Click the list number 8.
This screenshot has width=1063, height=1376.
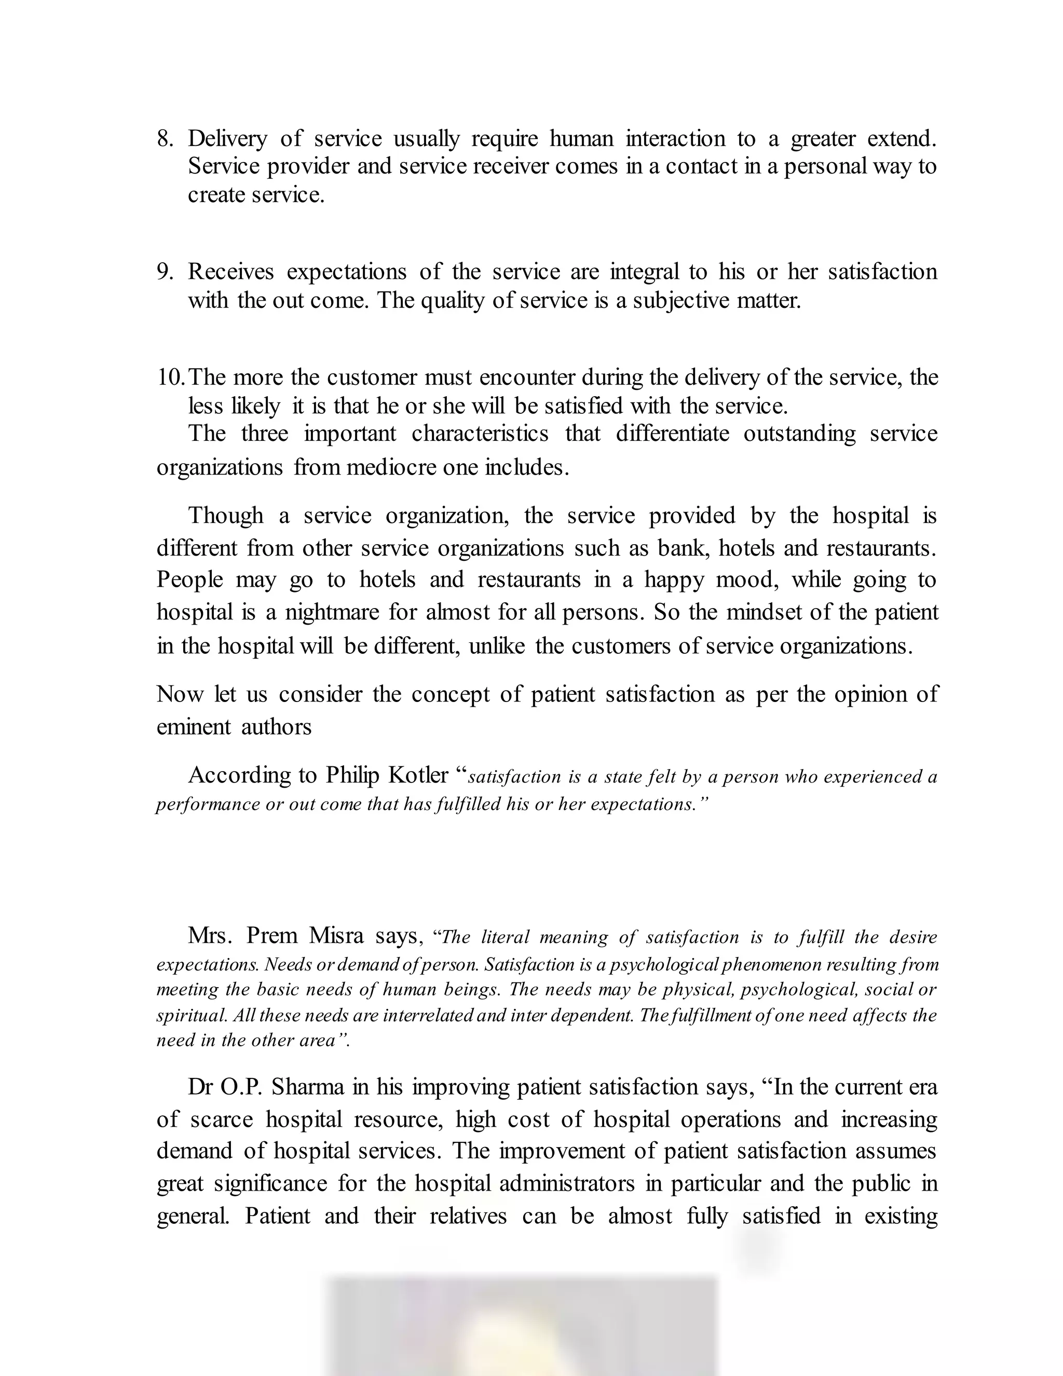click(x=165, y=139)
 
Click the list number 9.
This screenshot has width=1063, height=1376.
click(x=165, y=272)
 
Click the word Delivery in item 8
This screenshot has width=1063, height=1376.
click(x=227, y=139)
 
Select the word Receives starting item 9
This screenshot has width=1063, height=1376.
click(x=231, y=272)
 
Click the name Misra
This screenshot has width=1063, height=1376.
click(x=336, y=936)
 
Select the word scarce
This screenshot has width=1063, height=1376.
click(x=221, y=1119)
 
